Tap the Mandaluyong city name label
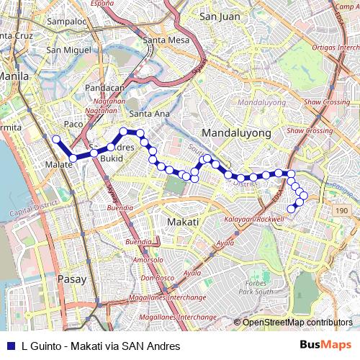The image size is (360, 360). (x=237, y=133)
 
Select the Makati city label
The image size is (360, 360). (x=182, y=222)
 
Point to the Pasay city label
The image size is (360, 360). (x=71, y=279)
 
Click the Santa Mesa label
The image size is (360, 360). (x=165, y=40)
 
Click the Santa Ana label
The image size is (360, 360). (x=149, y=113)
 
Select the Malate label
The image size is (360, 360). (x=59, y=165)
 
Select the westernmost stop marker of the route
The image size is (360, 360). (x=56, y=139)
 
